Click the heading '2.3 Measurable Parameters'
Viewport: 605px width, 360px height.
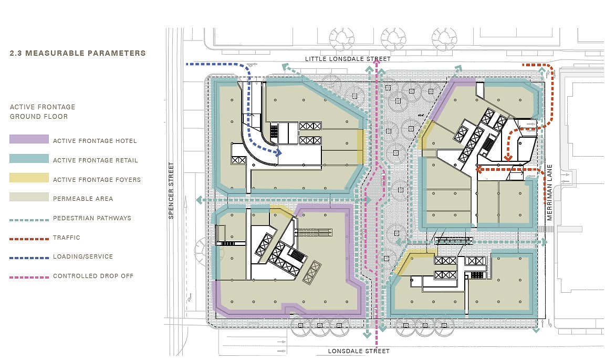click(x=78, y=53)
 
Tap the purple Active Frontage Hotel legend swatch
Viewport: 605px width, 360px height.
click(x=29, y=139)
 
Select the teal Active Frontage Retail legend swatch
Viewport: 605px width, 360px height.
click(x=29, y=159)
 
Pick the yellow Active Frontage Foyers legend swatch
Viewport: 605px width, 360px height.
click(x=29, y=178)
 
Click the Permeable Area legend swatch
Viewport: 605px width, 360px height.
click(x=29, y=197)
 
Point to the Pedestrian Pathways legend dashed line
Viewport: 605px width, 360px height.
click(x=29, y=220)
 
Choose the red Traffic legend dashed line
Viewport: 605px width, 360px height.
click(x=29, y=239)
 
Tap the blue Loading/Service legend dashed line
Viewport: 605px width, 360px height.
click(x=29, y=258)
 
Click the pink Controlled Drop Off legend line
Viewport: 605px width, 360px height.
click(x=29, y=277)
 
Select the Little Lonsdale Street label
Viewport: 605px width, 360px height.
click(x=348, y=59)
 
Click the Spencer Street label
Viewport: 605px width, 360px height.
click(x=171, y=190)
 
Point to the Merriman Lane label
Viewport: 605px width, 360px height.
click(x=549, y=192)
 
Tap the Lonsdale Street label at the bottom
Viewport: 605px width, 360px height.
click(x=359, y=351)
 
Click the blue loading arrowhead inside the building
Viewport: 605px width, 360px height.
click(x=278, y=152)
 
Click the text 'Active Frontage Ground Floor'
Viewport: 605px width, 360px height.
click(x=43, y=111)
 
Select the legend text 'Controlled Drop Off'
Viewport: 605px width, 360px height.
click(x=93, y=276)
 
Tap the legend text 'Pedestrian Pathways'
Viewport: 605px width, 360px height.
click(x=92, y=218)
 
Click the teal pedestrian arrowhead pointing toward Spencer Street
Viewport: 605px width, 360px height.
click(x=199, y=200)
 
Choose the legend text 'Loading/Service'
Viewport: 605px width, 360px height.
click(x=83, y=256)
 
